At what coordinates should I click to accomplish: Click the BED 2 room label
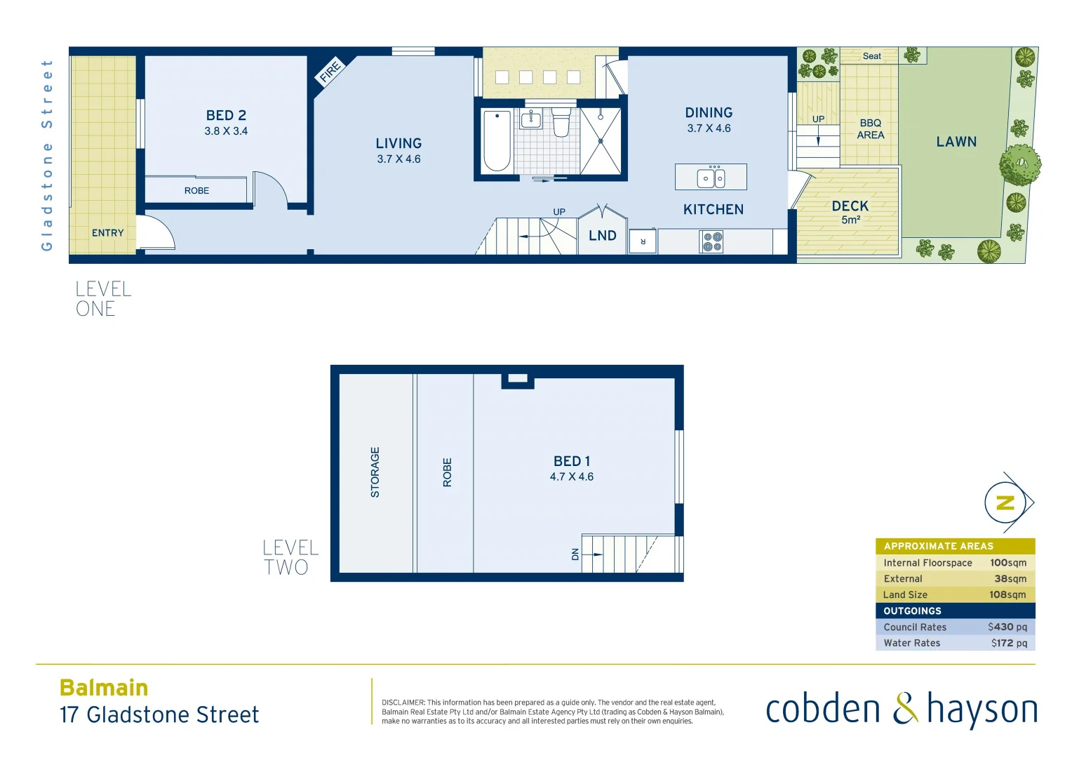click(226, 115)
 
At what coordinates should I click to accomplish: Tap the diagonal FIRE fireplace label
click(330, 71)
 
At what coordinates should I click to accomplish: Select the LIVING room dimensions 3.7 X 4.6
click(398, 159)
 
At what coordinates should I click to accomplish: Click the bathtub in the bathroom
click(497, 140)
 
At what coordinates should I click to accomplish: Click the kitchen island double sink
click(711, 178)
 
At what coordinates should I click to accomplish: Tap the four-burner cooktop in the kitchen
click(712, 242)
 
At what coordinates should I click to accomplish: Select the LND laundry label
click(603, 236)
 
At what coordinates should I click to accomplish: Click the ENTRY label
click(107, 233)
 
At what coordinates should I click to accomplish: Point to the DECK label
click(850, 206)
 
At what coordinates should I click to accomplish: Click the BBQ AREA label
click(871, 129)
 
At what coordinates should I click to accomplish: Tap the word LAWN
click(956, 142)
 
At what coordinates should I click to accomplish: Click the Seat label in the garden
click(872, 56)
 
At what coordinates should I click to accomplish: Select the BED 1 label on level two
click(572, 461)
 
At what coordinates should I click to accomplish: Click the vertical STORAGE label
click(375, 472)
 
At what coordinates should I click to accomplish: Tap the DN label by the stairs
click(575, 554)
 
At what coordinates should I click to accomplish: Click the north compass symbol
click(1006, 503)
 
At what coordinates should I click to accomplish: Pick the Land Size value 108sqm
click(1007, 594)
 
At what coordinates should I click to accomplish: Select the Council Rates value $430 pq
click(1007, 627)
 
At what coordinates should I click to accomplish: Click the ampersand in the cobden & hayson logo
click(905, 709)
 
